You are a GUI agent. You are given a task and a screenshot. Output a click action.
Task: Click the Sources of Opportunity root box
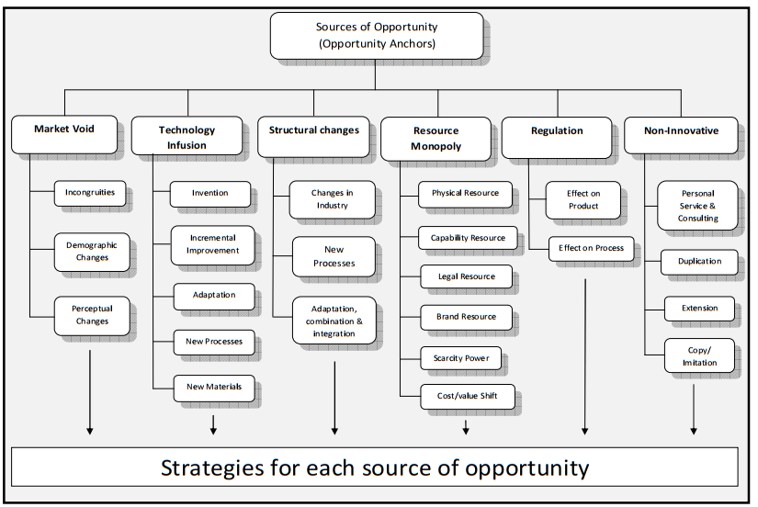coord(376,35)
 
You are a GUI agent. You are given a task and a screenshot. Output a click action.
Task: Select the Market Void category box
coord(64,130)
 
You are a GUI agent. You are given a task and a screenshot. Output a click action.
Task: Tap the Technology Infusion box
coord(187,137)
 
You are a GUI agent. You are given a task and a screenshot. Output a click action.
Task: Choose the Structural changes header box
coord(313,130)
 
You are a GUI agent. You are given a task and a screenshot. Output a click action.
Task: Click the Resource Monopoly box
coord(436,138)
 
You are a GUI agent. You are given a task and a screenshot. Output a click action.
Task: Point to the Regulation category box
coord(557,131)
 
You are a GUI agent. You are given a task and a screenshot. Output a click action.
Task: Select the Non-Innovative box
coord(680,131)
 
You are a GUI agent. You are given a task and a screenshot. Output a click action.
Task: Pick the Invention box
coord(209,194)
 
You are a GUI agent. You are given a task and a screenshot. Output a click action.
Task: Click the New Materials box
coord(213,388)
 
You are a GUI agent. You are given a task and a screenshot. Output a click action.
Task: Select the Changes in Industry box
coord(332,199)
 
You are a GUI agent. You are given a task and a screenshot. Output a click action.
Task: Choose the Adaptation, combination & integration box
coord(334,321)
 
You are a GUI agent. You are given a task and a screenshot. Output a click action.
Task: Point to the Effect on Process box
coord(591,248)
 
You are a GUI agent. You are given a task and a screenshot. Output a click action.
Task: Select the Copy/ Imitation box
coord(698,355)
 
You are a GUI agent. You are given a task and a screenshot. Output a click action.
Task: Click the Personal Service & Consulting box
coord(697,206)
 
